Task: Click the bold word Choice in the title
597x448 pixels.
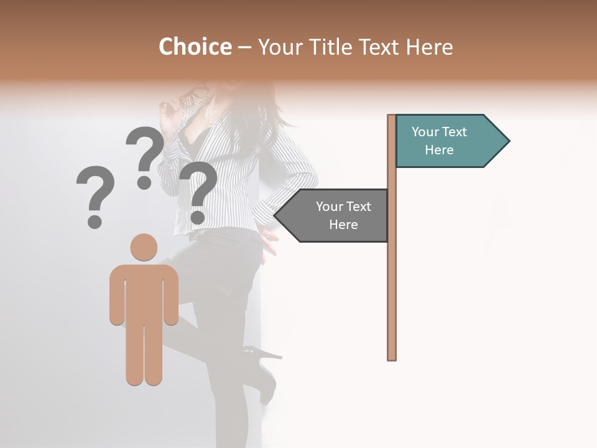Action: [x=195, y=47]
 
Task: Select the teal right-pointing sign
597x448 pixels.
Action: [x=448, y=141]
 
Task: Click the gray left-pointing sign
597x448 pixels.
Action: [x=336, y=215]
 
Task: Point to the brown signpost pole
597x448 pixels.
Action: [x=392, y=280]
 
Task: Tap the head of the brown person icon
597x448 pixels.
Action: [x=144, y=246]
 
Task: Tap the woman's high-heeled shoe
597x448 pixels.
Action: [x=264, y=373]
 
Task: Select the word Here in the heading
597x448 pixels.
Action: [x=429, y=47]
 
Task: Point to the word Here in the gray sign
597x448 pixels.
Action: [x=343, y=225]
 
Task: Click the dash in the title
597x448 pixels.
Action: [x=244, y=47]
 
